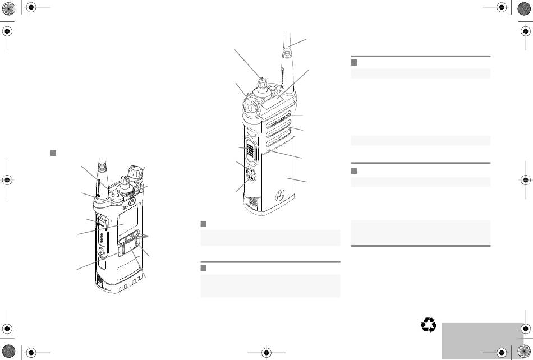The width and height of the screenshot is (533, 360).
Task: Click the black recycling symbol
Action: [x=429, y=325]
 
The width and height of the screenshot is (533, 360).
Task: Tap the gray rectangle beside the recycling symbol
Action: [x=482, y=340]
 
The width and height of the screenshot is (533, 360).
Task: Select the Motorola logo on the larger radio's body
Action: [x=278, y=195]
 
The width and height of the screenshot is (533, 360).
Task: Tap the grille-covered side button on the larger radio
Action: [x=251, y=147]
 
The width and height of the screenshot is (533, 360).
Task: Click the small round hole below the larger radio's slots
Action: [x=270, y=150]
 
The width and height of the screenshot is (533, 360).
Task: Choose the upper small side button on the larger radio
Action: [x=250, y=171]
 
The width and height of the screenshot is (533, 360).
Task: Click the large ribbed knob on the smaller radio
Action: [x=134, y=170]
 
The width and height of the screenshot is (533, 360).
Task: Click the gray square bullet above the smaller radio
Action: [x=53, y=153]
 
